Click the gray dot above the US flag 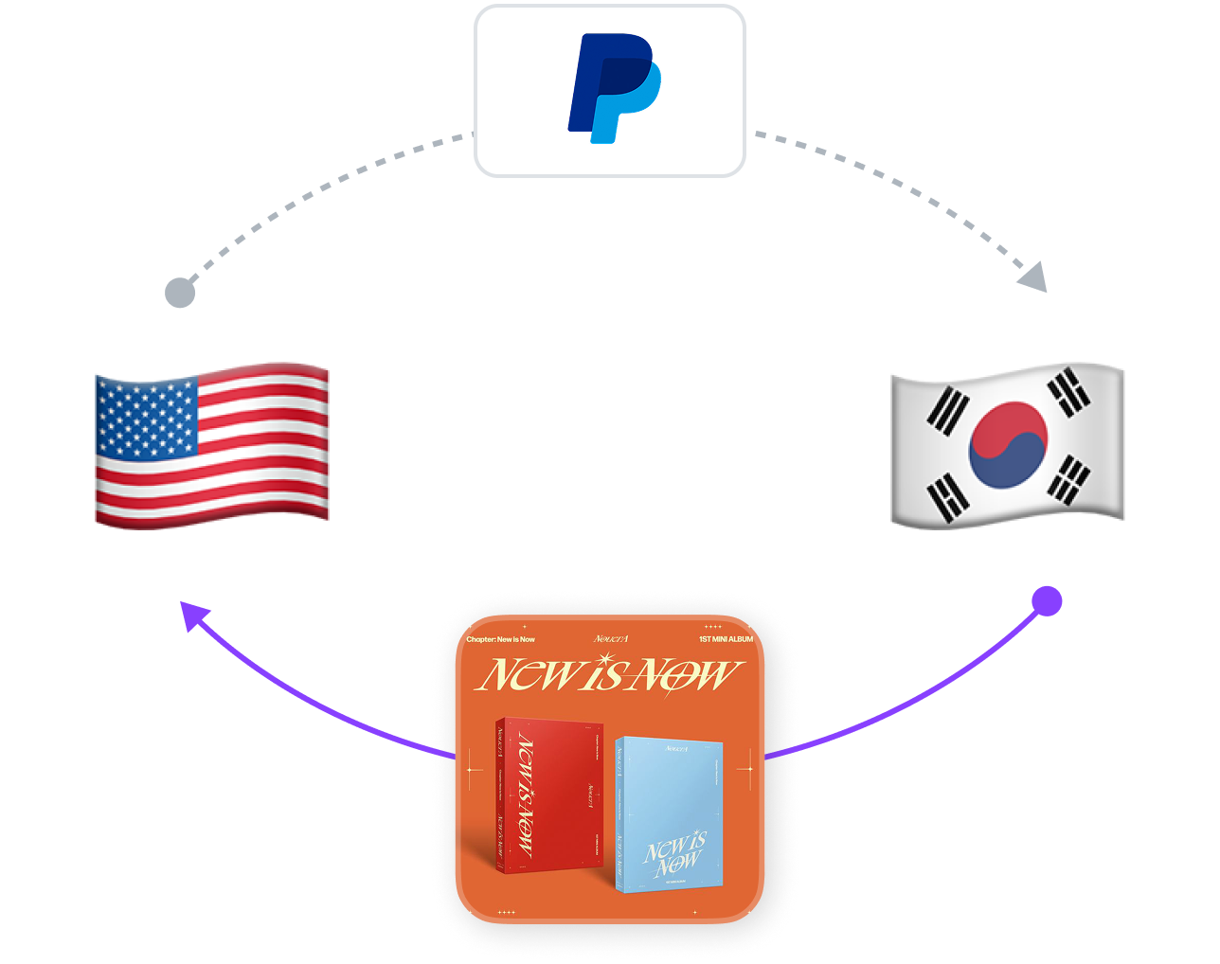(180, 293)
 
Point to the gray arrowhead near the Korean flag (1034, 277)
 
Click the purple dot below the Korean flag (1047, 601)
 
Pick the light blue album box (669, 814)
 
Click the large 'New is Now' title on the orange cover (608, 674)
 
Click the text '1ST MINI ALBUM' (726, 639)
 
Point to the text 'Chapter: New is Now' (500, 639)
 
